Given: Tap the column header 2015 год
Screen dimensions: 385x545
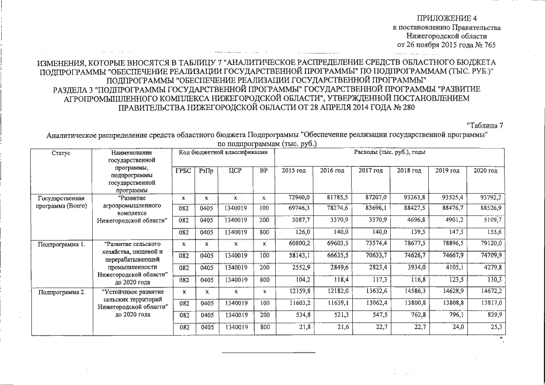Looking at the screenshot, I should click(294, 171).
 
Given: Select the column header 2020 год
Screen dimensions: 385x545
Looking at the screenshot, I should click(485, 171).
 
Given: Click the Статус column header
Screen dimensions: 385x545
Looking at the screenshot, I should click(61, 153).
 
